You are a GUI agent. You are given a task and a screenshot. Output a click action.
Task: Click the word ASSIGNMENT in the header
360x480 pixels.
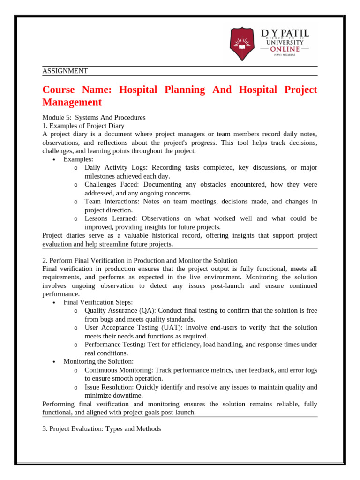click(65, 71)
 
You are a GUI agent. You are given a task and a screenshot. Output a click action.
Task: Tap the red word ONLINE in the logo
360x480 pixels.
click(285, 49)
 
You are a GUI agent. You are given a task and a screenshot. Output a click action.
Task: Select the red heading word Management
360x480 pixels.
click(72, 102)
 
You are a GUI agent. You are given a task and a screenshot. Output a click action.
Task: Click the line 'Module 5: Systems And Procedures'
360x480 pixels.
click(94, 117)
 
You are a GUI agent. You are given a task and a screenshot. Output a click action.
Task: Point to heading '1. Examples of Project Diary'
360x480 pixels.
click(83, 126)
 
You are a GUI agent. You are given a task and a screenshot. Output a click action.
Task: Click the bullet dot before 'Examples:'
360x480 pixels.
click(54, 160)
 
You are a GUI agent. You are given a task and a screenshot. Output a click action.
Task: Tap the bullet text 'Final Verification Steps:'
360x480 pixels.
click(98, 302)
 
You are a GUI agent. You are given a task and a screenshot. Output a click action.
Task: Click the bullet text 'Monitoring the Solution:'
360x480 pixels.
click(98, 361)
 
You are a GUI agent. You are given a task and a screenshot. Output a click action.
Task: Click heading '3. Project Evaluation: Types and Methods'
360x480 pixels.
click(102, 428)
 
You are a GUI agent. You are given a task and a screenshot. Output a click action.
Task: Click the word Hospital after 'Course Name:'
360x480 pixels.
click(139, 90)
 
